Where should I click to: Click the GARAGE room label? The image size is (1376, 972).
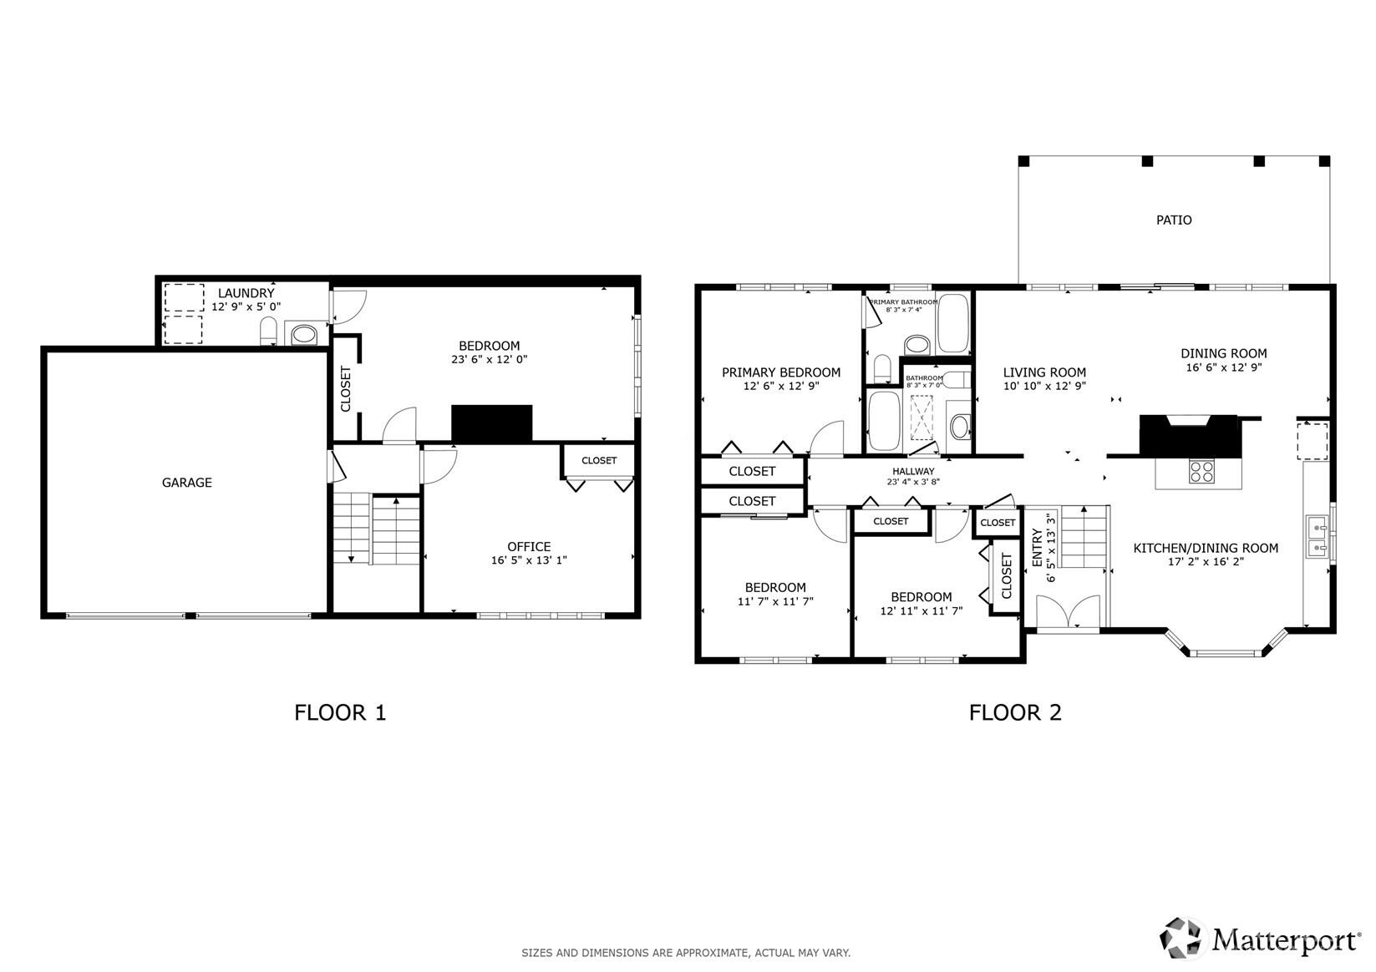click(x=186, y=483)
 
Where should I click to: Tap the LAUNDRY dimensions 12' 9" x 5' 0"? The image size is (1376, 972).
click(x=246, y=306)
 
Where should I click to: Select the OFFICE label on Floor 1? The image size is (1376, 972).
click(x=529, y=547)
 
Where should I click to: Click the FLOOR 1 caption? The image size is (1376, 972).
click(x=340, y=712)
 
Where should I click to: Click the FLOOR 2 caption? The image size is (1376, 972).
click(x=1015, y=712)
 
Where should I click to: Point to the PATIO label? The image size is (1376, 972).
click(x=1174, y=220)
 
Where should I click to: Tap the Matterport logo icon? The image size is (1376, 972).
click(x=1181, y=938)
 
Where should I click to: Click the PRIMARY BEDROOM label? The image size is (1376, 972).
click(x=781, y=372)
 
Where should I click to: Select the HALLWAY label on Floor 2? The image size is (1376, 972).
click(x=913, y=471)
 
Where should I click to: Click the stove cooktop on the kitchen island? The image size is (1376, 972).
click(x=1201, y=472)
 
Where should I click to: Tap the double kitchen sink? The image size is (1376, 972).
click(x=1318, y=537)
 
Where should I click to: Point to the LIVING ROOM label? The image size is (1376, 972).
click(x=1044, y=372)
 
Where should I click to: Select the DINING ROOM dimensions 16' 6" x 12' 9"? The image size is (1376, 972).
click(x=1223, y=367)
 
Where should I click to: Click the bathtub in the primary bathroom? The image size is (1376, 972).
click(x=953, y=323)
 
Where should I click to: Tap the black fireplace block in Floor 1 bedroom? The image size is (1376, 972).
click(x=492, y=423)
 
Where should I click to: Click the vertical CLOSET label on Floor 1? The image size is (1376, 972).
click(x=346, y=389)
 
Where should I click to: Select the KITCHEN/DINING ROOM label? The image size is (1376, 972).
click(x=1206, y=548)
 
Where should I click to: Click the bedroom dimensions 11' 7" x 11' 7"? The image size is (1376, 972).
click(x=775, y=601)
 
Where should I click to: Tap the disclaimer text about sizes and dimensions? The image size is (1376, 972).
click(x=685, y=953)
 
